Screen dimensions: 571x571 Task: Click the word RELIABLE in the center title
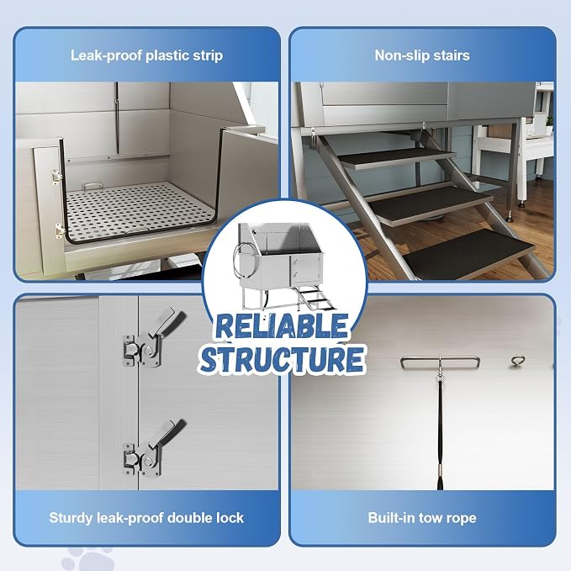click(283, 325)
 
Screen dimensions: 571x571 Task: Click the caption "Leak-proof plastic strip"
click(146, 56)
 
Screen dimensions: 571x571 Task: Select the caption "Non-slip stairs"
click(422, 56)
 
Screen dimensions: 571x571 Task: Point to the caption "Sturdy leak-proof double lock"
click(146, 517)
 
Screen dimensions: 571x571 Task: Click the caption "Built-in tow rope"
click(422, 517)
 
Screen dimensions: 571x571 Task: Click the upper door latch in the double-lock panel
click(153, 339)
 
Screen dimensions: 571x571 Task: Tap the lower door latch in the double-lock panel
click(153, 449)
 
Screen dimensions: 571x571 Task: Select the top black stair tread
click(397, 157)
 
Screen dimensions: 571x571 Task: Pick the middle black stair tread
click(431, 204)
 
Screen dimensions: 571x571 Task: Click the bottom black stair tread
click(468, 253)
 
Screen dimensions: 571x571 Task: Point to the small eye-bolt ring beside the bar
click(517, 360)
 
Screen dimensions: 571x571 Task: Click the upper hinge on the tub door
click(56, 177)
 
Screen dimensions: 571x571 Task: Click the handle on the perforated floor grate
click(93, 186)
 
